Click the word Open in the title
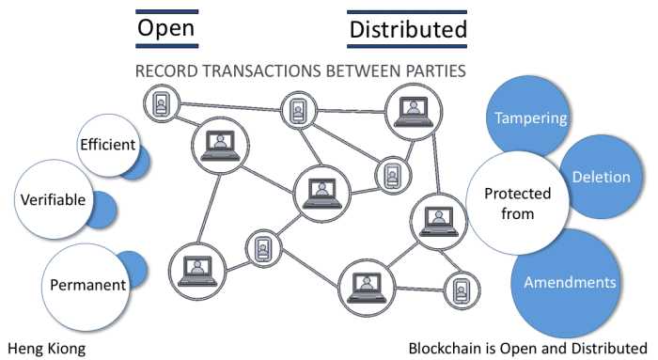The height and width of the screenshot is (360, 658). click(166, 29)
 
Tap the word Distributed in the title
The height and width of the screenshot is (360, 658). click(408, 31)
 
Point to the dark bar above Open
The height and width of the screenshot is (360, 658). click(166, 10)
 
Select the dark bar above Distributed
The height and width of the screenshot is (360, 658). click(408, 12)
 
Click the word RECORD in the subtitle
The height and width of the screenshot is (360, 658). click(166, 71)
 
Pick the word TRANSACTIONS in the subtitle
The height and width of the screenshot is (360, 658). click(267, 71)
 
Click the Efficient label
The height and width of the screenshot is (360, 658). click(108, 146)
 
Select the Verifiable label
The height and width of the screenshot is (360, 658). click(53, 199)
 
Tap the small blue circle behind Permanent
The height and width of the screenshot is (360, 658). click(134, 269)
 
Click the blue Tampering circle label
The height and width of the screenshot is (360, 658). click(531, 118)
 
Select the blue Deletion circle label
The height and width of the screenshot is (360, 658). click(594, 176)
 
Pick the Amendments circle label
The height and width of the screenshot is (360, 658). click(570, 282)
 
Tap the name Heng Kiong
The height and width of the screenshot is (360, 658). click(46, 348)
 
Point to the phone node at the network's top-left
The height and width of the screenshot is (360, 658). click(161, 102)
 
